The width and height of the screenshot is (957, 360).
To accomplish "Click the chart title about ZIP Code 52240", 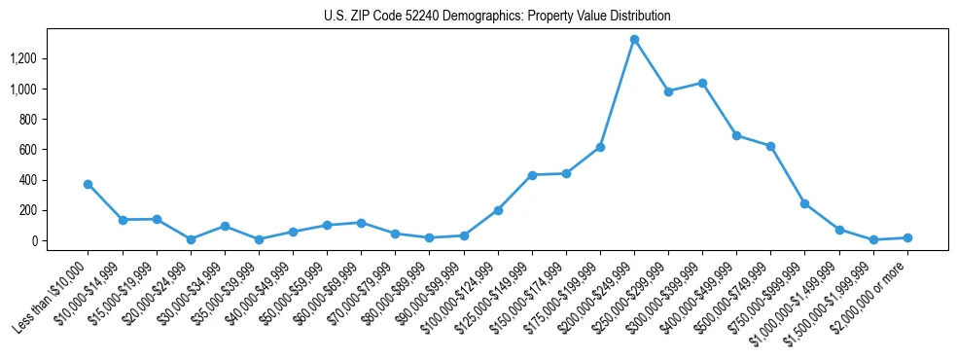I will tap(497, 17).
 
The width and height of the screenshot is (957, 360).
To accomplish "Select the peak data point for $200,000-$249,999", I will tap(634, 40).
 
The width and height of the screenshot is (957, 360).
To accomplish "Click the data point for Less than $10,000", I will tap(89, 184).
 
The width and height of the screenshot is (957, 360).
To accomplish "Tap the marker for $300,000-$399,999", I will tap(702, 83).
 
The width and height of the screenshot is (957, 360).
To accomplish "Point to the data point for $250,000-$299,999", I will tap(668, 91).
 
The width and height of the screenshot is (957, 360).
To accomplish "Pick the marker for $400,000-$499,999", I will tap(736, 135).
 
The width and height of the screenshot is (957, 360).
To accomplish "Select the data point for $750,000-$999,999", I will tap(804, 203).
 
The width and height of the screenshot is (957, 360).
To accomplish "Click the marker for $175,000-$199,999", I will tap(600, 147).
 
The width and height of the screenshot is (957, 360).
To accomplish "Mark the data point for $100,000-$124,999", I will tap(498, 210).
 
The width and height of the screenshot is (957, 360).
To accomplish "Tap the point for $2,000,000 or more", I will tap(906, 237).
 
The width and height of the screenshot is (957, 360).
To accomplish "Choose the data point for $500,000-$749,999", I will tap(770, 146).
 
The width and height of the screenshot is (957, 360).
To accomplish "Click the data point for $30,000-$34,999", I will tap(225, 226).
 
